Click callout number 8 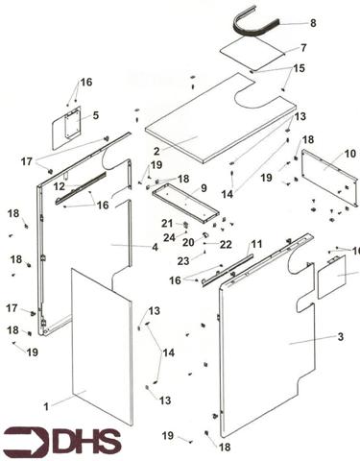pos(313,23)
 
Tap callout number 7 pos(303,48)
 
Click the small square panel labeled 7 pos(252,53)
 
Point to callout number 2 pos(156,151)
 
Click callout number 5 pos(96,115)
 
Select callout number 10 pos(350,154)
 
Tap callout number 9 pos(204,188)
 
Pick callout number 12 pos(60,186)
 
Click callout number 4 pos(155,247)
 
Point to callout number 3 pos(341,337)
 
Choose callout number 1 pos(46,406)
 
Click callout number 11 pos(256,244)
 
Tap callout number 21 pos(167,223)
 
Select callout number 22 pos(226,245)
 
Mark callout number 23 pos(183,261)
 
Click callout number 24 pos(169,237)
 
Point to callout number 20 pos(188,242)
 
